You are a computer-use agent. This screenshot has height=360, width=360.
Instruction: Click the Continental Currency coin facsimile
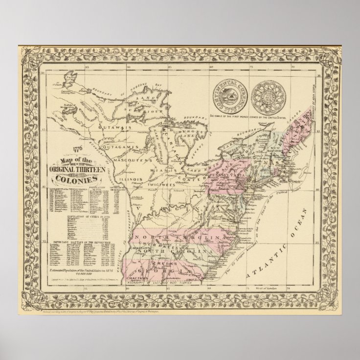point(227,92)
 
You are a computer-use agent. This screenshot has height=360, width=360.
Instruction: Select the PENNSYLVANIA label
point(229,175)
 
